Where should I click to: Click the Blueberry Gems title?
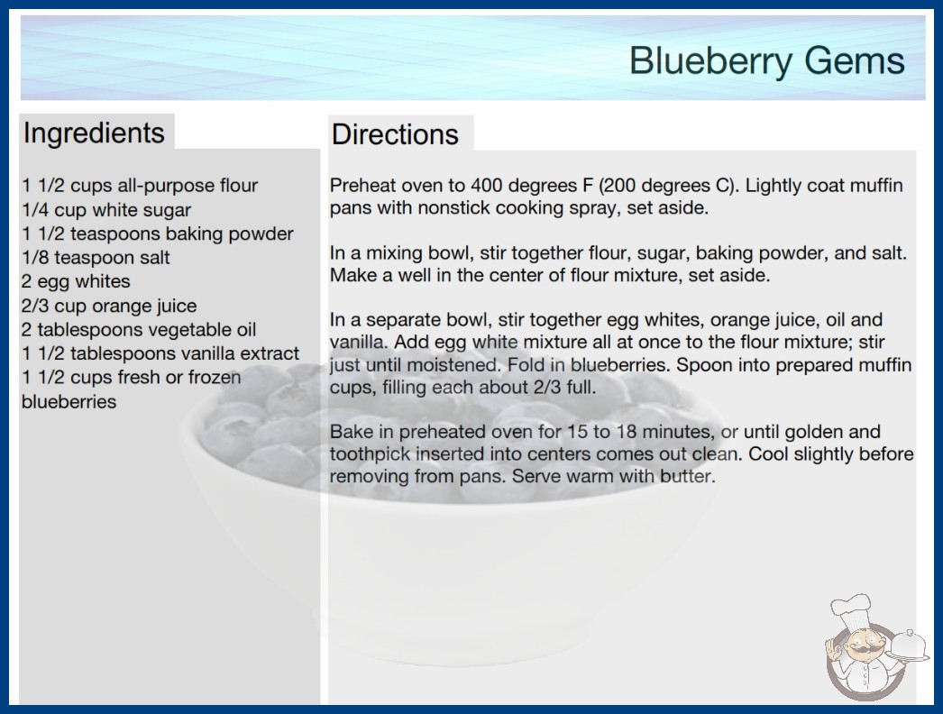(767, 60)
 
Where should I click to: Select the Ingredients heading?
(94, 133)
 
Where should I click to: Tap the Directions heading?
(395, 134)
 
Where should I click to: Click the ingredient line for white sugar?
(106, 210)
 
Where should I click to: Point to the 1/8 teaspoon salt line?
(96, 258)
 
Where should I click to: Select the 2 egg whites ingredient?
(76, 281)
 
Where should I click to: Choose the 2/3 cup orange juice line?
(109, 306)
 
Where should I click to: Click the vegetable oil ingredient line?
(139, 330)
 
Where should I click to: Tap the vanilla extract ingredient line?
(160, 353)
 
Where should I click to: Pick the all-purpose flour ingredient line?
(140, 186)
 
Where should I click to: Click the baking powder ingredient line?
(158, 233)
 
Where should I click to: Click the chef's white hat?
(852, 607)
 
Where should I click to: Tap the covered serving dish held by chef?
(908, 645)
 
